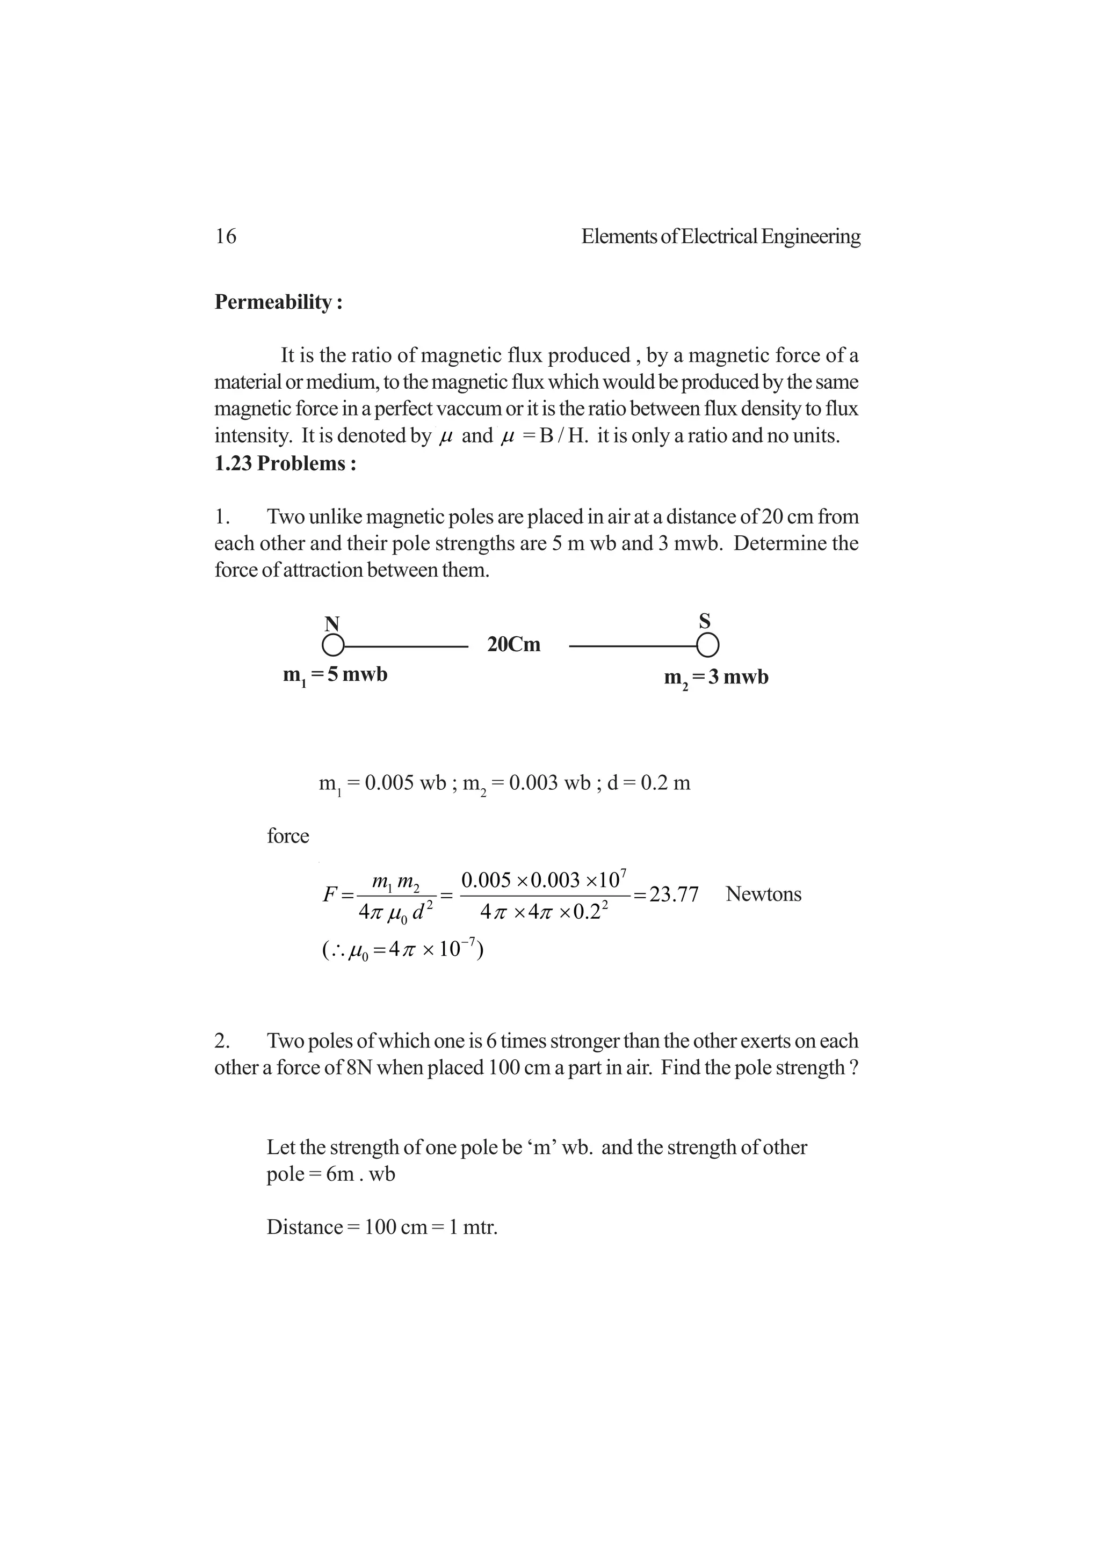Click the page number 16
click(226, 237)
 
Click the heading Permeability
click(278, 302)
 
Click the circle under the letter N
click(332, 645)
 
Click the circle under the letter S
click(707, 646)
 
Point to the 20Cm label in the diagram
click(513, 644)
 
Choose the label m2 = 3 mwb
click(717, 678)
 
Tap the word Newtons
click(763, 894)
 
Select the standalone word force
click(288, 837)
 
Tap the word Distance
click(305, 1227)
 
